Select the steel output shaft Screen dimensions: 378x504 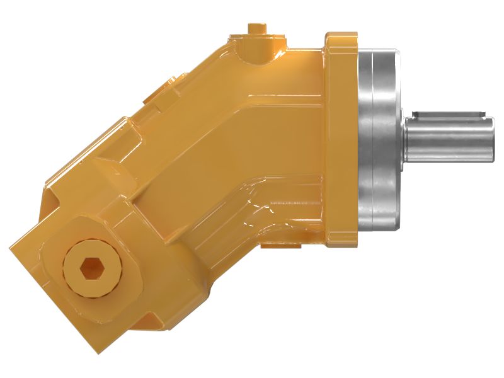(449, 140)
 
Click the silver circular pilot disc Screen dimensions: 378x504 (378, 140)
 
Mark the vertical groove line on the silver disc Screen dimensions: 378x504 (372, 140)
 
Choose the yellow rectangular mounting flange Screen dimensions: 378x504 (340, 135)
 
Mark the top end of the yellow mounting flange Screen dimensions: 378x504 (340, 34)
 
